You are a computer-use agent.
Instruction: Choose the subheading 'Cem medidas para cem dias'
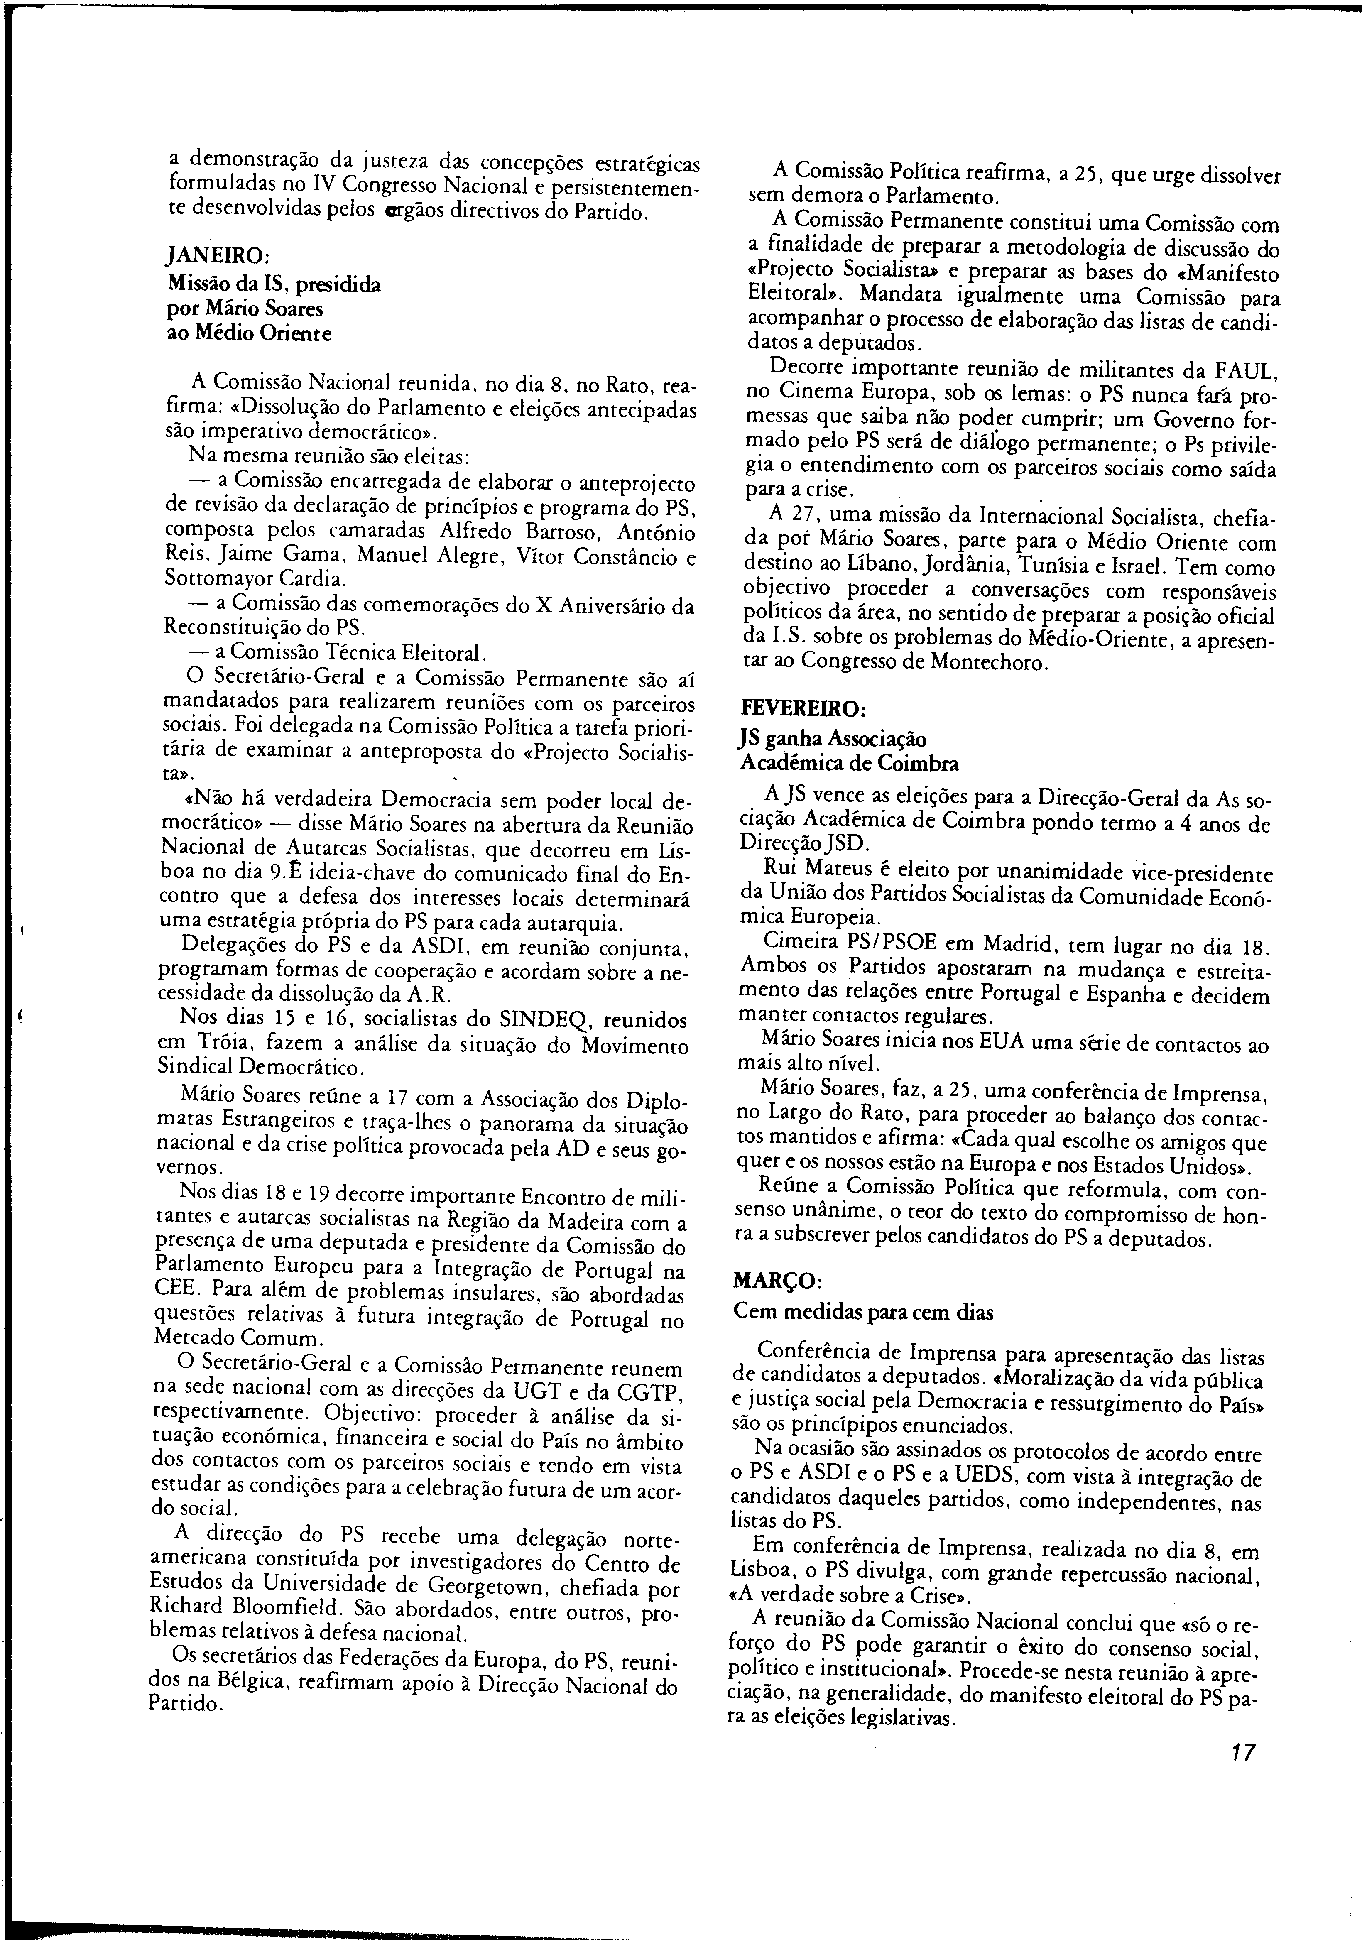pyautogui.click(x=864, y=1312)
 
